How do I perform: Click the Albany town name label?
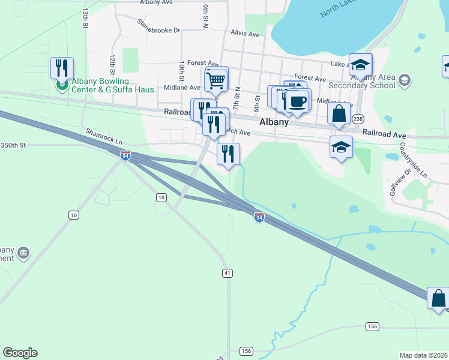(274, 122)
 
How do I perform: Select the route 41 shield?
(227, 273)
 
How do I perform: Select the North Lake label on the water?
(339, 8)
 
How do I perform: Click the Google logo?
(20, 353)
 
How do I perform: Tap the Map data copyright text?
(423, 355)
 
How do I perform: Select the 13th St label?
(86, 19)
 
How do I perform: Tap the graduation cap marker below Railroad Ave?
(341, 146)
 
